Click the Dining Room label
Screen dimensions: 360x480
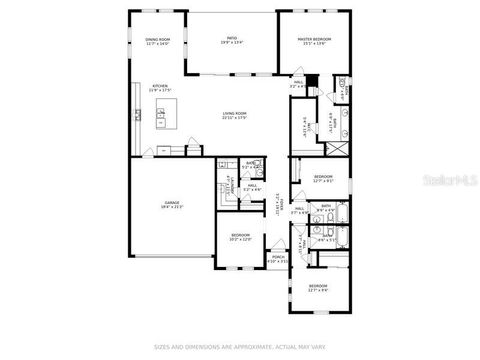pyautogui.click(x=158, y=40)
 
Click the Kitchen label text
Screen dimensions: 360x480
pyautogui.click(x=160, y=87)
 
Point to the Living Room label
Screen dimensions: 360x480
pyautogui.click(x=235, y=114)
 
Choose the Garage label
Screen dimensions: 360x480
pyautogui.click(x=172, y=203)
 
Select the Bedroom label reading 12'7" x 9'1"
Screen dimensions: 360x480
pyautogui.click(x=322, y=178)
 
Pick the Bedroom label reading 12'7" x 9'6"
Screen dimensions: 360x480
pyautogui.click(x=317, y=288)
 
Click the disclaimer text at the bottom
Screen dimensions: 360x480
pyautogui.click(x=239, y=347)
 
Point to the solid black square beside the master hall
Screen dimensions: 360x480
pyautogui.click(x=311, y=80)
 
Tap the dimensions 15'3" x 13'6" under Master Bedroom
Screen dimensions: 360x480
pyautogui.click(x=314, y=43)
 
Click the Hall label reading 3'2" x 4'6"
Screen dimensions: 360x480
pyautogui.click(x=297, y=86)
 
